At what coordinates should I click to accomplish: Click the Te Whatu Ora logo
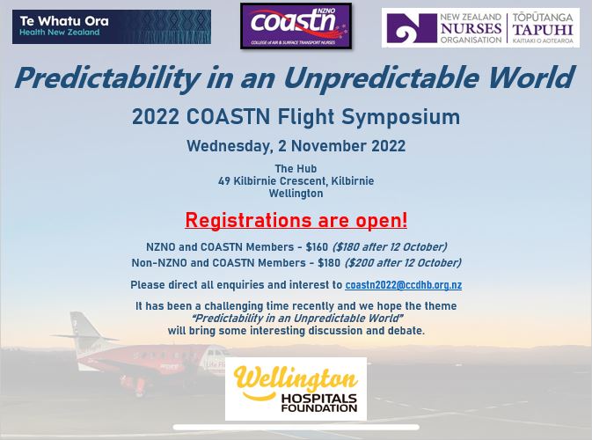(112, 26)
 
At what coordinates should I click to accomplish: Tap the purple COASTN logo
(296, 26)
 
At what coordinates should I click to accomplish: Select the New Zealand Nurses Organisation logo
(480, 28)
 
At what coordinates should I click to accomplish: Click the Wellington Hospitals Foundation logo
(296, 389)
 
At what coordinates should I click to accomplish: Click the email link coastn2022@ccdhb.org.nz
(403, 285)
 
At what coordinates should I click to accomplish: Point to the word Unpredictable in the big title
(381, 78)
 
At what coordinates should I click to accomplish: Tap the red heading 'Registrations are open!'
(296, 220)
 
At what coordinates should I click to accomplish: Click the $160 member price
(317, 247)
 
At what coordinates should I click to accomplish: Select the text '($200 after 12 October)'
(403, 263)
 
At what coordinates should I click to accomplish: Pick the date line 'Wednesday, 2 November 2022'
(296, 146)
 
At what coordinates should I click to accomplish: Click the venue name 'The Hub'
(296, 168)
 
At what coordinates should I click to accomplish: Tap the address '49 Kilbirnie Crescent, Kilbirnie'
(296, 181)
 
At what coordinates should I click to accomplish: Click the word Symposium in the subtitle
(400, 117)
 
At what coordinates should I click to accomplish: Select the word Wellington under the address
(296, 194)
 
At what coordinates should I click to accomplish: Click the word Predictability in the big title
(106, 78)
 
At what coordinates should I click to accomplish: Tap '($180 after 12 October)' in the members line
(390, 247)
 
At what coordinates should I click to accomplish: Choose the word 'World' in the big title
(531, 77)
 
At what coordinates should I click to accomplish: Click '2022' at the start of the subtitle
(155, 117)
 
